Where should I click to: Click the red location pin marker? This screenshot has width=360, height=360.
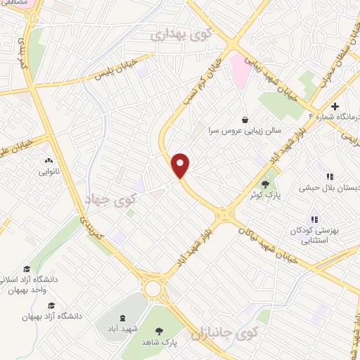pos(181,165)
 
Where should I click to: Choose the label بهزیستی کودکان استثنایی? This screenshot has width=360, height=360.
pos(317,235)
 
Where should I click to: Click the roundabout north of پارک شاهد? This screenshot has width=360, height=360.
pos(154,287)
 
